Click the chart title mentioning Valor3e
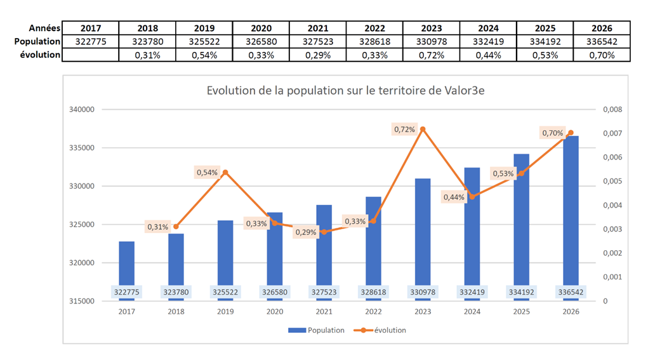(x=346, y=90)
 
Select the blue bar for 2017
(x=126, y=263)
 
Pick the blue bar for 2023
(x=423, y=232)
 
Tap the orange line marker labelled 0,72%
(x=423, y=129)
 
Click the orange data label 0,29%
(x=305, y=232)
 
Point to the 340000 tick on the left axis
(x=81, y=110)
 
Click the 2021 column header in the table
(x=318, y=29)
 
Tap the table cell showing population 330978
(x=432, y=42)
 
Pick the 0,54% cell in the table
(x=204, y=55)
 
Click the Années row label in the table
(x=44, y=29)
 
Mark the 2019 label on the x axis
(x=225, y=312)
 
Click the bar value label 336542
(x=571, y=292)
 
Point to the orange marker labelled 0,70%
(x=571, y=133)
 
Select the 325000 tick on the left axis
(x=81, y=225)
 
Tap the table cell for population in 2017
(x=91, y=42)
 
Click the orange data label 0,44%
(x=454, y=197)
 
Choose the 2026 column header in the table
(x=602, y=29)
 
